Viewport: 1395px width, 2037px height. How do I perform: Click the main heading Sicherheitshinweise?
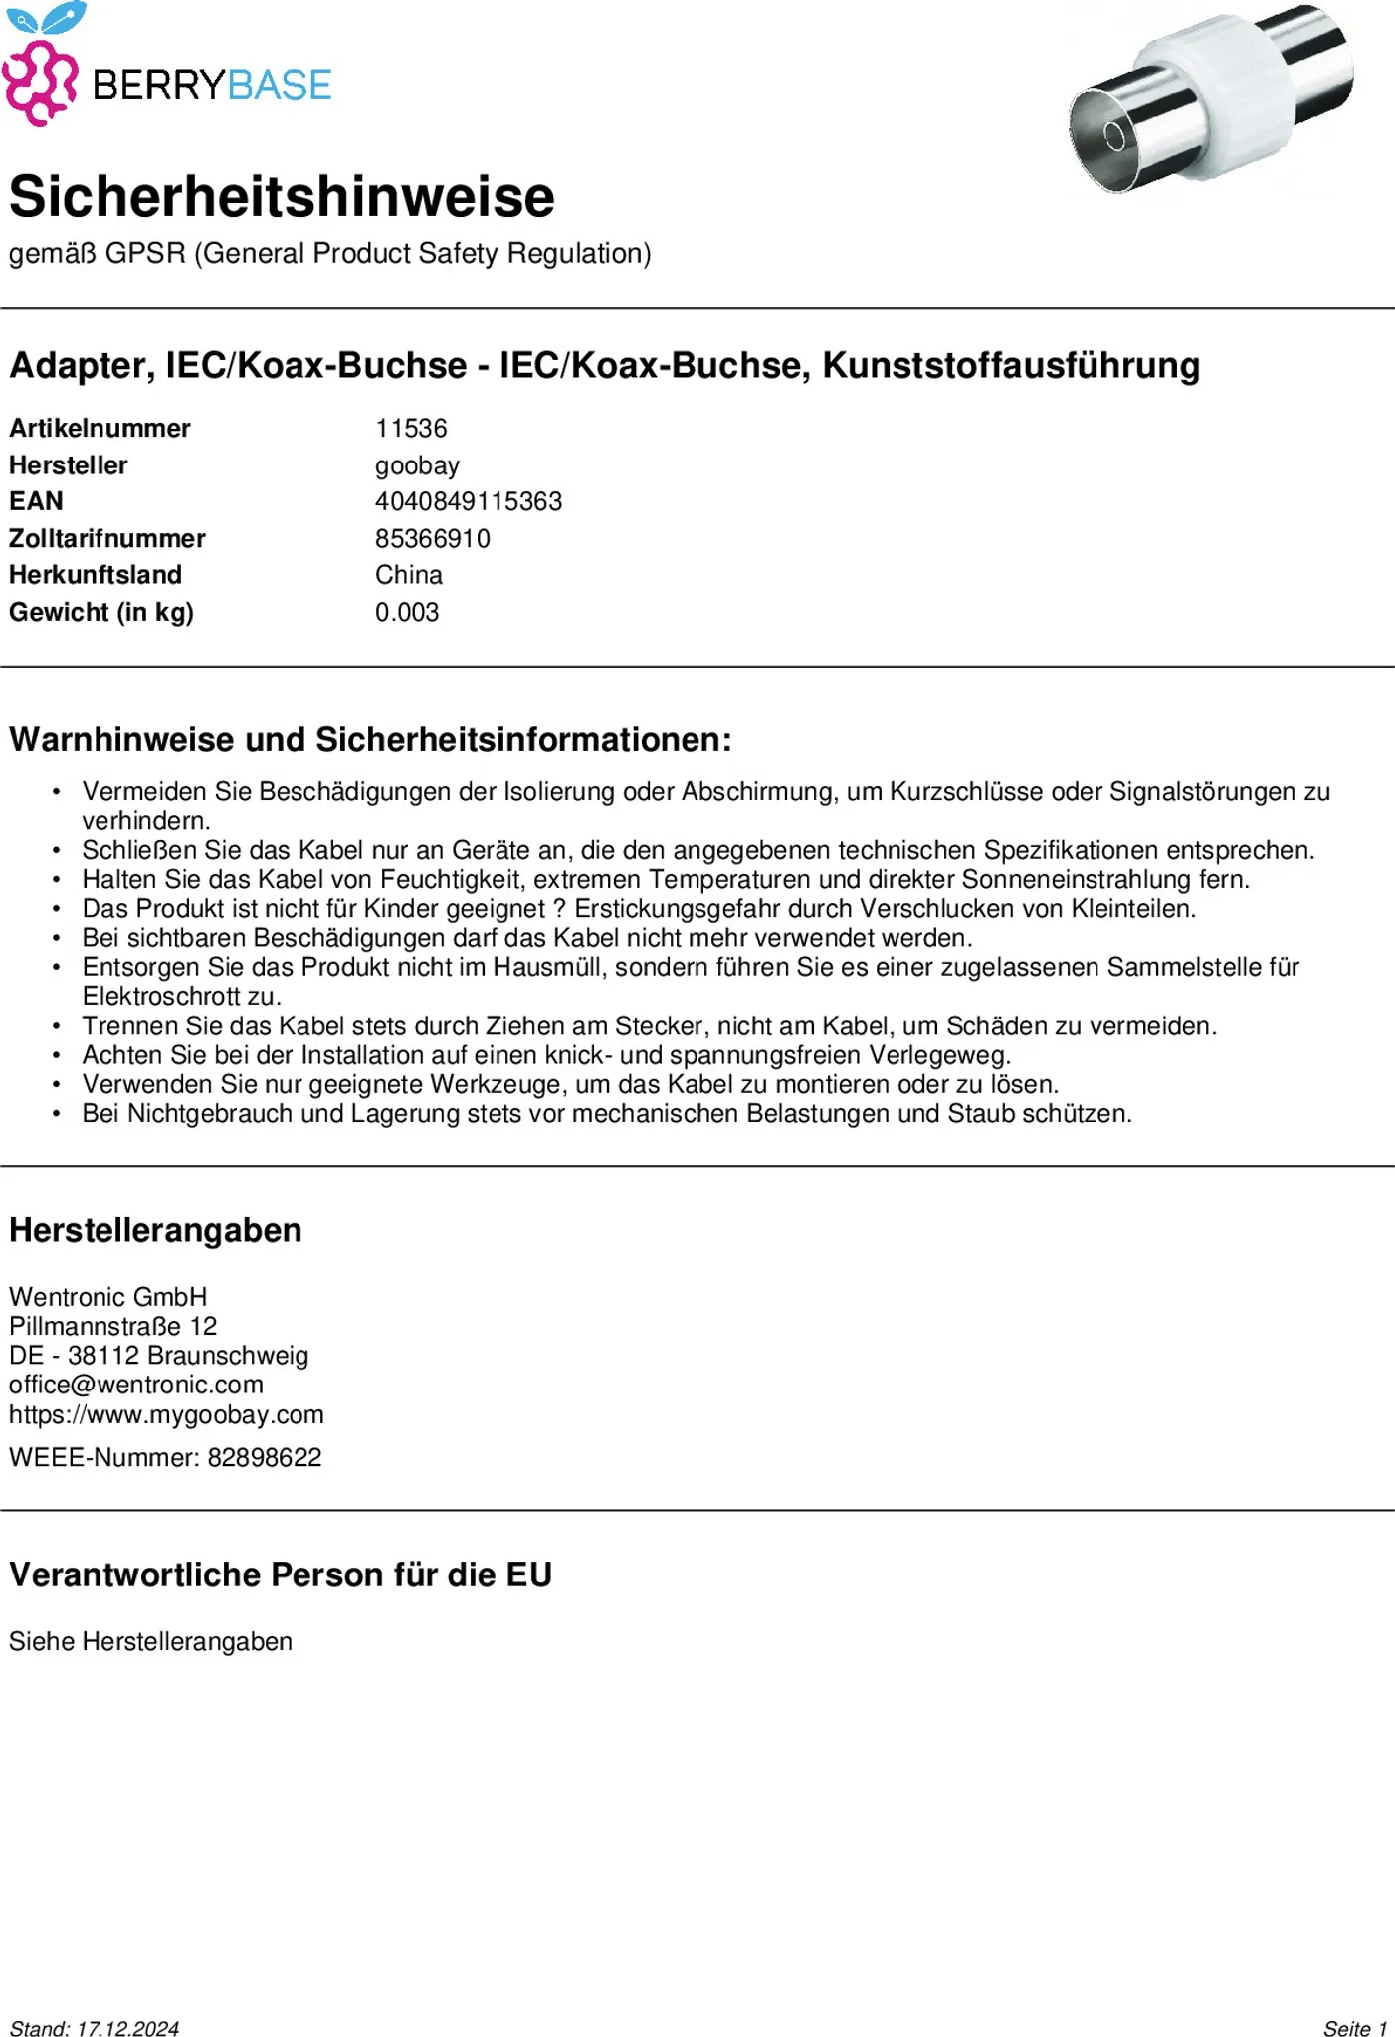[282, 196]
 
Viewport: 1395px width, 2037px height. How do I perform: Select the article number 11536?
[411, 429]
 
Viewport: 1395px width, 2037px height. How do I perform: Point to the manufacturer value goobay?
[417, 465]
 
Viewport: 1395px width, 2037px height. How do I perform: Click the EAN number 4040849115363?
[469, 501]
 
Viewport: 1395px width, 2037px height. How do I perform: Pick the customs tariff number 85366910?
[433, 538]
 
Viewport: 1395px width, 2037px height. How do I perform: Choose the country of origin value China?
[409, 575]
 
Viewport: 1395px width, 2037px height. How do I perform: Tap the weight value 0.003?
[407, 612]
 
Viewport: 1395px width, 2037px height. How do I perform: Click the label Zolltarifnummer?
[107, 538]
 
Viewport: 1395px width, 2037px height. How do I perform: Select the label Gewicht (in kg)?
[101, 612]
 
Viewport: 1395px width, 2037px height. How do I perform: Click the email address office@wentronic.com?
[136, 1385]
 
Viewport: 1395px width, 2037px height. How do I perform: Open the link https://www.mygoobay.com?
[166, 1414]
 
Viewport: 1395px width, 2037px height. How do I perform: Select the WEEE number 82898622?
[265, 1458]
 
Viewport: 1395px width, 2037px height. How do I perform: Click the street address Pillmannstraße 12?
[113, 1326]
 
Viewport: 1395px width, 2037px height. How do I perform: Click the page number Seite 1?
[1355, 2029]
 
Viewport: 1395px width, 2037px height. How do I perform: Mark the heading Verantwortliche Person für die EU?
[281, 1575]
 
